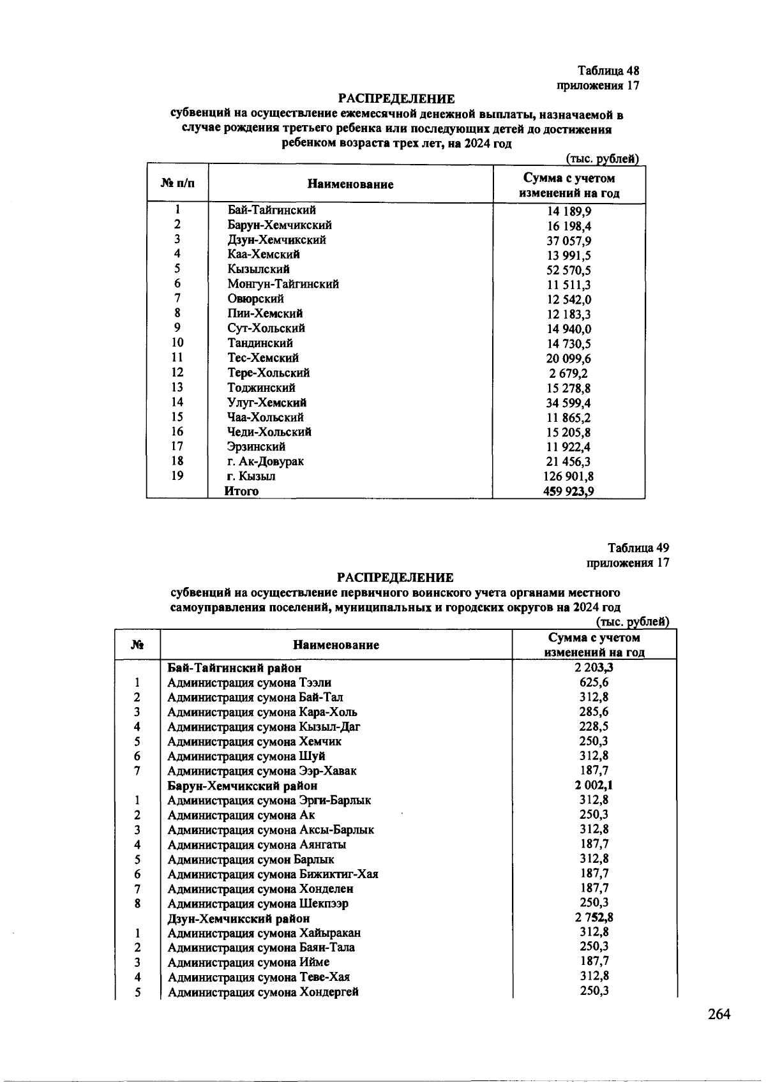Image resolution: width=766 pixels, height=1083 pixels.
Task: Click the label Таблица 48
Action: [608, 70]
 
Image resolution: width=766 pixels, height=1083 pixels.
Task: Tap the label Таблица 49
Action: [638, 548]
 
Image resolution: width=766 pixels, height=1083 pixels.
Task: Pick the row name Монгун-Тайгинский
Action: [283, 284]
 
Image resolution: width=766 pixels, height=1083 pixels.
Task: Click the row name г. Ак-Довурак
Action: [266, 461]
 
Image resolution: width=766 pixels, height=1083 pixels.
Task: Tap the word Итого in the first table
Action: [241, 491]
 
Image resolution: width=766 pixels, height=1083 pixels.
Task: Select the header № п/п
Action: [178, 184]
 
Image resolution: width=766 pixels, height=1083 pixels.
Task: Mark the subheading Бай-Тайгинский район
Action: [234, 668]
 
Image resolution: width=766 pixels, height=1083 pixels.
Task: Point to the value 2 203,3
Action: [594, 668]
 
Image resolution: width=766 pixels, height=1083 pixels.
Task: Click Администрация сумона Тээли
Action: [249, 683]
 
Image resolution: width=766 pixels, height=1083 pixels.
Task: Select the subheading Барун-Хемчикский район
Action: [242, 786]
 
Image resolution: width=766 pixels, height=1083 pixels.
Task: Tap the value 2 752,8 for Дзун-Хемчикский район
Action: [594, 918]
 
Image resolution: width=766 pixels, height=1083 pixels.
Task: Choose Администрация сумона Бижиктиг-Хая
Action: [273, 874]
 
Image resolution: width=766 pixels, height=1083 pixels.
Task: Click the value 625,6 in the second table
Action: [594, 682]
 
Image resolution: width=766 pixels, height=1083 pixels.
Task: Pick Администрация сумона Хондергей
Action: [263, 992]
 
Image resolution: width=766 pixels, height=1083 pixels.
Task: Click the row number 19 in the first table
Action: [177, 475]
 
